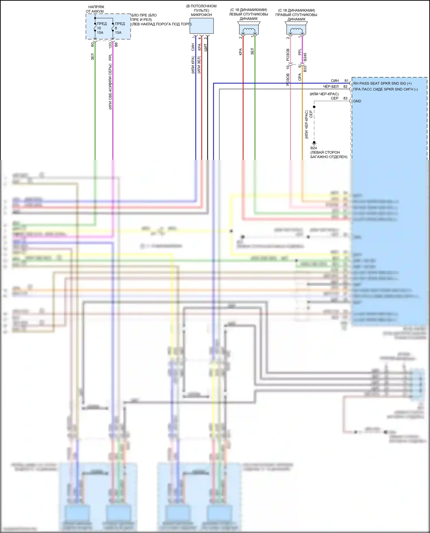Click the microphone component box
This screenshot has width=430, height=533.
click(x=202, y=26)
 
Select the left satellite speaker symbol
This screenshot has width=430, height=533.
click(x=249, y=29)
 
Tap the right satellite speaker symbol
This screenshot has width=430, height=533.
click(x=296, y=29)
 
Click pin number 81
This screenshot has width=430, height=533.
click(x=346, y=81)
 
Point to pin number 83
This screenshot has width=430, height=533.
click(x=345, y=98)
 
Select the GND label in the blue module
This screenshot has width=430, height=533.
click(x=357, y=101)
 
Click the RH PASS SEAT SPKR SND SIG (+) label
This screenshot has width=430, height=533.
click(x=382, y=83)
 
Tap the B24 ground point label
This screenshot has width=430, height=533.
click(x=314, y=148)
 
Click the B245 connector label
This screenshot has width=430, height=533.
click(x=305, y=57)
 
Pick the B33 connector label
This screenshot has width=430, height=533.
click(x=305, y=69)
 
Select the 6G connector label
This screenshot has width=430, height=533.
click(x=92, y=45)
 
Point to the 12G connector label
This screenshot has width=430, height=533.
click(x=110, y=45)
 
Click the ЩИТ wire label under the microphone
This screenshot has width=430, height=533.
click(x=206, y=48)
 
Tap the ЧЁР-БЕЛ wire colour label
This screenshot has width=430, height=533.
click(x=331, y=86)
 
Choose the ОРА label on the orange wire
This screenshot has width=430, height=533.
click(x=300, y=77)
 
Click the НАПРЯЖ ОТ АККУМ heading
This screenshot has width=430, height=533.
click(x=95, y=9)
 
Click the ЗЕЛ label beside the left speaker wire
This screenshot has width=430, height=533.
click(x=252, y=52)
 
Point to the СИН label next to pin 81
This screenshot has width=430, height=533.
click(x=335, y=81)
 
